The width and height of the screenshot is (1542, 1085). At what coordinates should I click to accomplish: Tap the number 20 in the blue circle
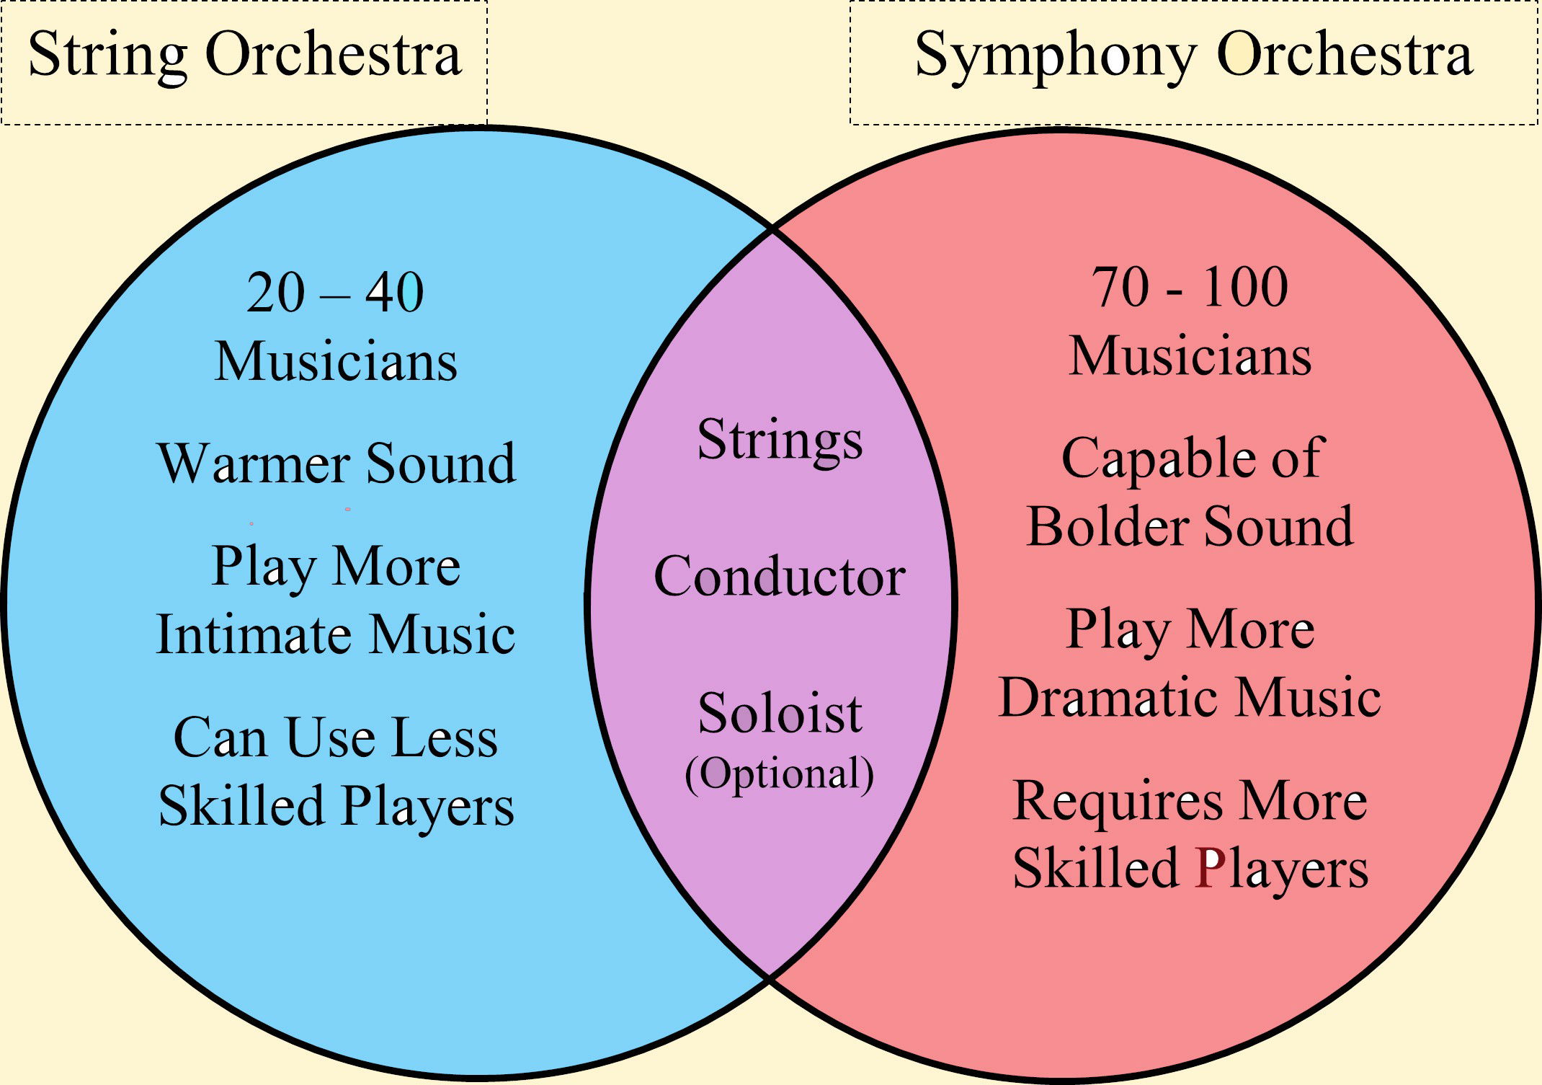[x=276, y=293]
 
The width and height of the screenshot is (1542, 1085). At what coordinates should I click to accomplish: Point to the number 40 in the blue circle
[x=395, y=293]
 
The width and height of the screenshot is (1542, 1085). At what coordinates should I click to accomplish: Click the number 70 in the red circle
[x=1121, y=287]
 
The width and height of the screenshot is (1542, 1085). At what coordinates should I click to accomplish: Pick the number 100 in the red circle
[x=1245, y=287]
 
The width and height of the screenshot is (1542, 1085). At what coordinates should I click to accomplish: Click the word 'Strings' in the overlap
[x=780, y=440]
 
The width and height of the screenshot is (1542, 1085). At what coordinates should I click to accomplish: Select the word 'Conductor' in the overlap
[x=780, y=577]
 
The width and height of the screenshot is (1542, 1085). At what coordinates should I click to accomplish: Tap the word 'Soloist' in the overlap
[x=780, y=714]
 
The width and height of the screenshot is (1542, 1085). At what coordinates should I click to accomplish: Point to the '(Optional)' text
[x=780, y=774]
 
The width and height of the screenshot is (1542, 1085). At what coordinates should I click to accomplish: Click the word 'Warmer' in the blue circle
[x=256, y=463]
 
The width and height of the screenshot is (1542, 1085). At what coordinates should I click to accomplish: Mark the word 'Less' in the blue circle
[x=445, y=738]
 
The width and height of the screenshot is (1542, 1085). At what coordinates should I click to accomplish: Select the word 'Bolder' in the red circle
[x=1110, y=526]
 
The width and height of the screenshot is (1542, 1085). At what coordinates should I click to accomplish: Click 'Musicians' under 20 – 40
[x=336, y=361]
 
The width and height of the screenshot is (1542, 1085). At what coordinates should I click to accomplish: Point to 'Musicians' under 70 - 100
[x=1190, y=356]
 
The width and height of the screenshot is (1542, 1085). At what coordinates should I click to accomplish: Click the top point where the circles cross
[x=772, y=229]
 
